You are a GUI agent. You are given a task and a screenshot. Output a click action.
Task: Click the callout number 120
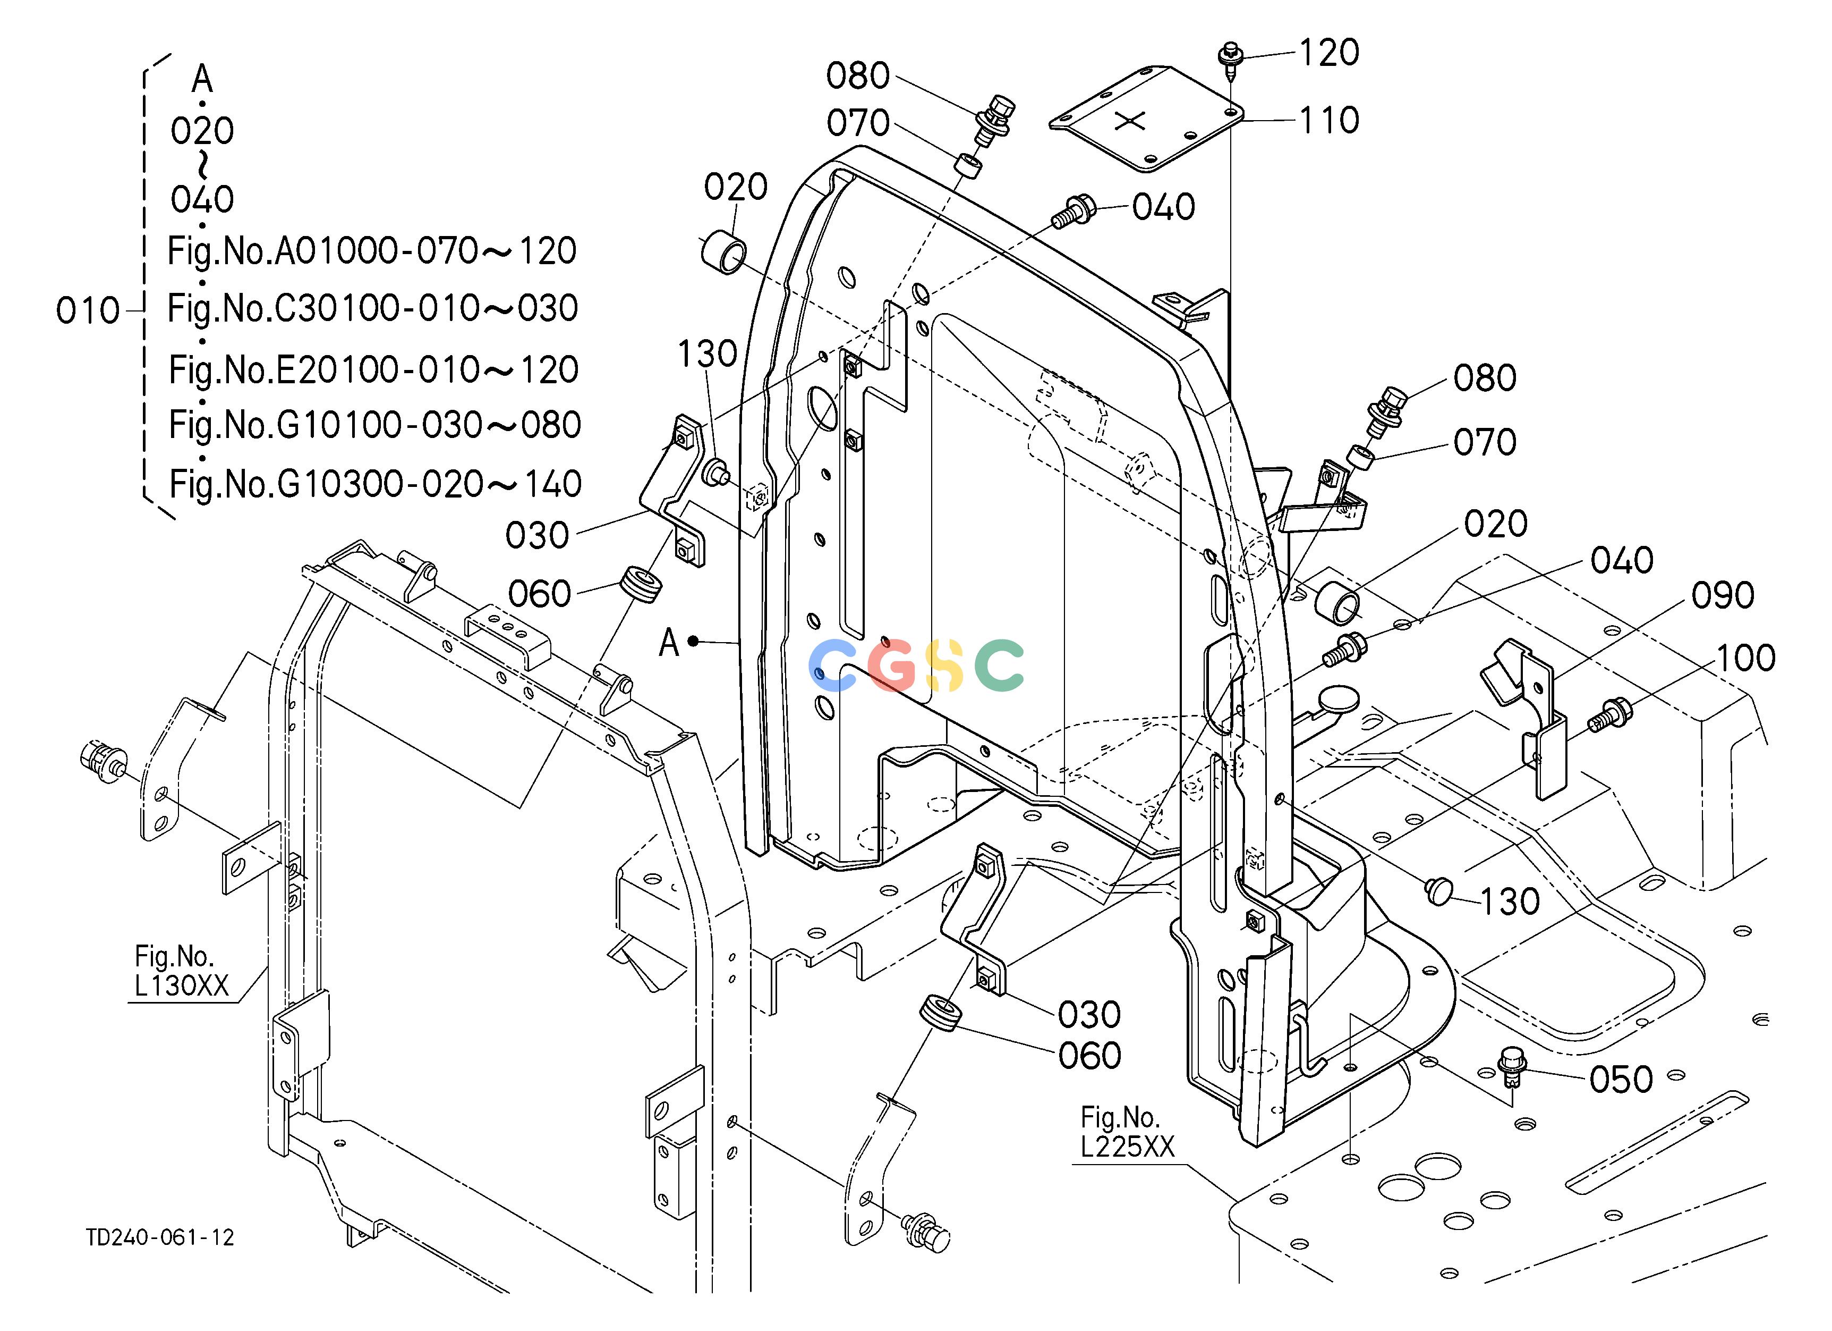click(x=1330, y=53)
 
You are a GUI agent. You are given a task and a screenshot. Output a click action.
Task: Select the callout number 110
click(x=1330, y=121)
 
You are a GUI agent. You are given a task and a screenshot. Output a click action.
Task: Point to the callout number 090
click(x=1723, y=595)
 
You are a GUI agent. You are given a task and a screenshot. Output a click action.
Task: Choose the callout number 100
click(x=1745, y=658)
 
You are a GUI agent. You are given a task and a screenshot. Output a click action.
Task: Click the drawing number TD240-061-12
click(x=161, y=1237)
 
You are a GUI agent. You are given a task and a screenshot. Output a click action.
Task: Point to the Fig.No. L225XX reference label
click(x=1128, y=1132)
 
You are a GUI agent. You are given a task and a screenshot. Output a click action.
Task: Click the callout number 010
click(x=88, y=311)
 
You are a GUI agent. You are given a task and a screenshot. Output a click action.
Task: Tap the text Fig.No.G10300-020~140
click(x=375, y=484)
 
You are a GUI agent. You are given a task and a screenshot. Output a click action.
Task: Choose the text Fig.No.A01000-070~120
click(x=372, y=251)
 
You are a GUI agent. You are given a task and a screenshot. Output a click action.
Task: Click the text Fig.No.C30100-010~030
click(x=372, y=309)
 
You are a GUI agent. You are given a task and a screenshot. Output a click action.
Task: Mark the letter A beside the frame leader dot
click(x=669, y=643)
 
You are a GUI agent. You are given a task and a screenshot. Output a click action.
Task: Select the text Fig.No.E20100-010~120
click(x=373, y=370)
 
